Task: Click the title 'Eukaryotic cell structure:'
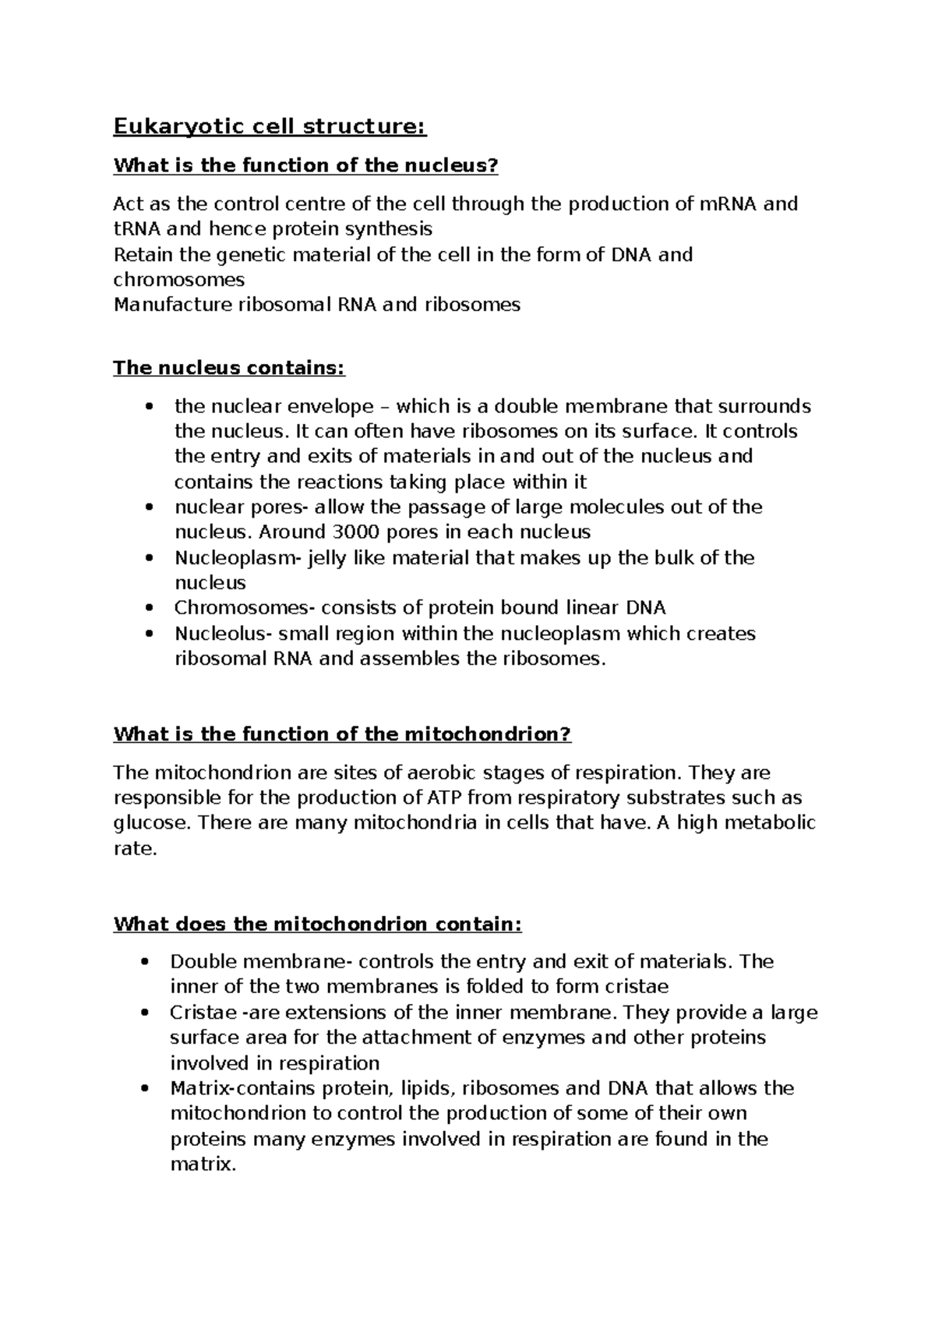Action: coord(270,126)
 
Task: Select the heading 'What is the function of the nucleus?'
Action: coord(305,165)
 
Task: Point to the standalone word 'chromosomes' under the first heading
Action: coord(178,279)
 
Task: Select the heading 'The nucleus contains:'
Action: coord(228,368)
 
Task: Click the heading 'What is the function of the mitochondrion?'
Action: coord(342,734)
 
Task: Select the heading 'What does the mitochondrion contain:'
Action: coord(317,924)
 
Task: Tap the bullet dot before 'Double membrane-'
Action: coord(144,962)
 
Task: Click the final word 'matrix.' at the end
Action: coord(202,1165)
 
